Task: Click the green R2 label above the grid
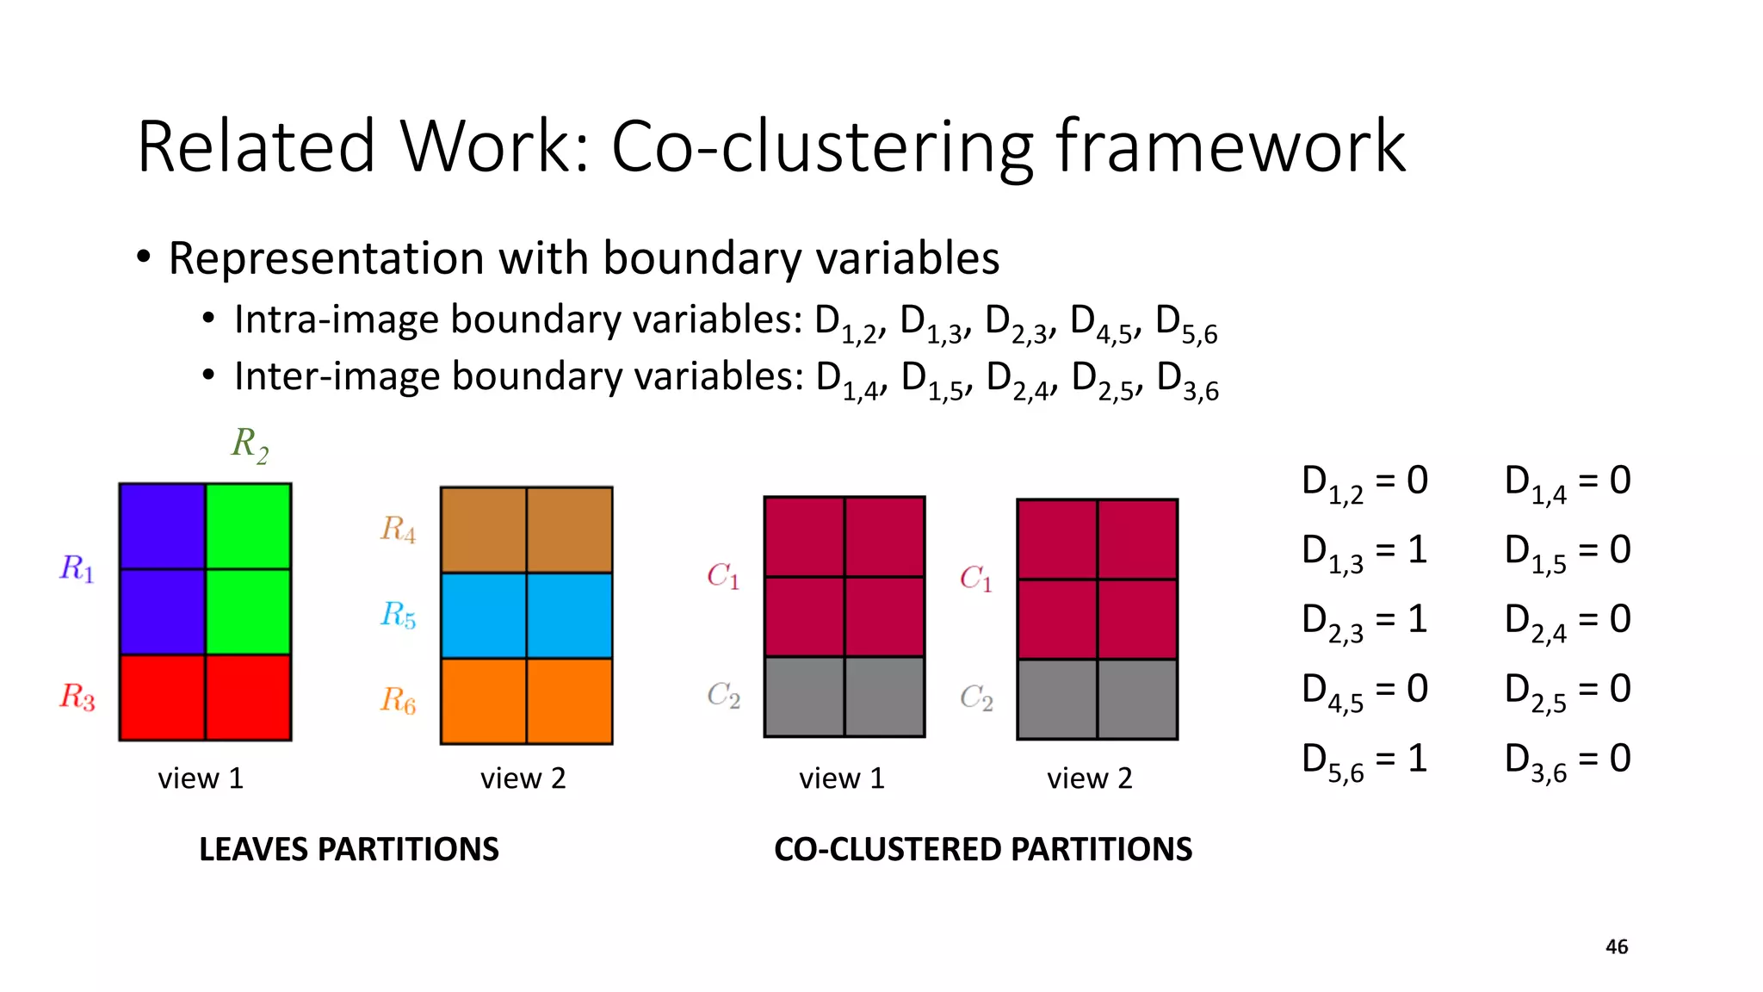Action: [x=250, y=445]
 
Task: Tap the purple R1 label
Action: [x=77, y=569]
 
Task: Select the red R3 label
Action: [x=77, y=697]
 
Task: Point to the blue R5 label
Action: [x=399, y=615]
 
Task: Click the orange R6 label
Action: [x=399, y=700]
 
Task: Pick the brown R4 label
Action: [x=399, y=529]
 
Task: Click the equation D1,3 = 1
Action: [x=1364, y=551]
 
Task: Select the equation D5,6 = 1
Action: [x=1364, y=760]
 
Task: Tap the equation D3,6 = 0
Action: [x=1568, y=760]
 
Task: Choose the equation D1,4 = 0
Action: [x=1568, y=481]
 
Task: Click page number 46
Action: [x=1617, y=947]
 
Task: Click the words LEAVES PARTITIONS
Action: [x=349, y=850]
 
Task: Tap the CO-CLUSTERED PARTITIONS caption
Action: [x=983, y=850]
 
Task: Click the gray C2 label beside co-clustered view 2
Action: [x=976, y=697]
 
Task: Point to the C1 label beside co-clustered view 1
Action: [x=723, y=576]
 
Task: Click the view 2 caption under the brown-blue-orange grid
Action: [x=523, y=778]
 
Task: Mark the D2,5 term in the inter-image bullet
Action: [x=1104, y=380]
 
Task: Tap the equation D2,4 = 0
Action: [x=1568, y=621]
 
